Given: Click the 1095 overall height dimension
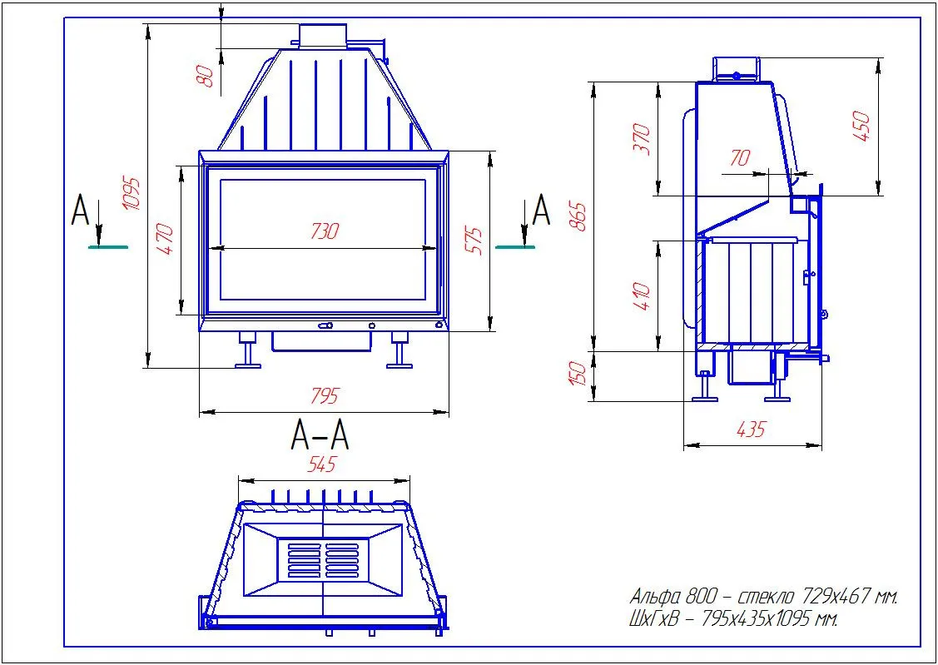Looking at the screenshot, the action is click(x=132, y=193).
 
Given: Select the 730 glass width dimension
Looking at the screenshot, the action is click(x=325, y=231).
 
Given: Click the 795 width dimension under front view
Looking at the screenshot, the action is click(x=325, y=396).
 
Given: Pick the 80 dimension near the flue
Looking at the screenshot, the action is click(x=206, y=77).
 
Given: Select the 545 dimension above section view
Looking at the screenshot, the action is click(x=322, y=464).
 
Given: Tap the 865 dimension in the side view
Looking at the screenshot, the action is click(x=578, y=217).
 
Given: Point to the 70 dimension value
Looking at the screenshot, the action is click(x=740, y=158).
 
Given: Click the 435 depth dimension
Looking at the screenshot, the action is click(x=752, y=429).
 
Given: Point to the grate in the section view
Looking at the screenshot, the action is click(x=323, y=559).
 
